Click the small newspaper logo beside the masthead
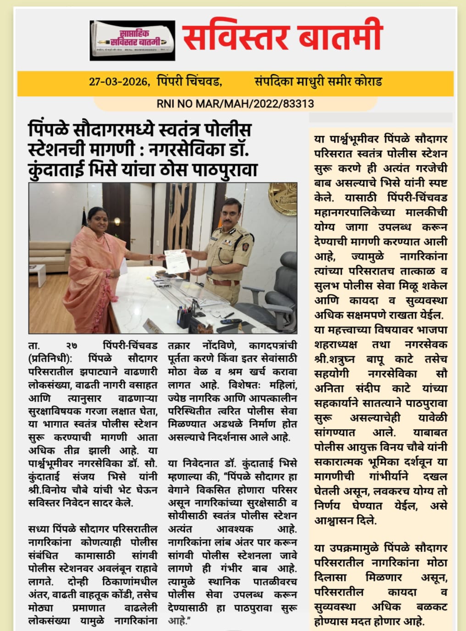[x=132, y=40]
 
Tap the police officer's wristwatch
[x=209, y=271]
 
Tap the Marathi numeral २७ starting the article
[x=71, y=345]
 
